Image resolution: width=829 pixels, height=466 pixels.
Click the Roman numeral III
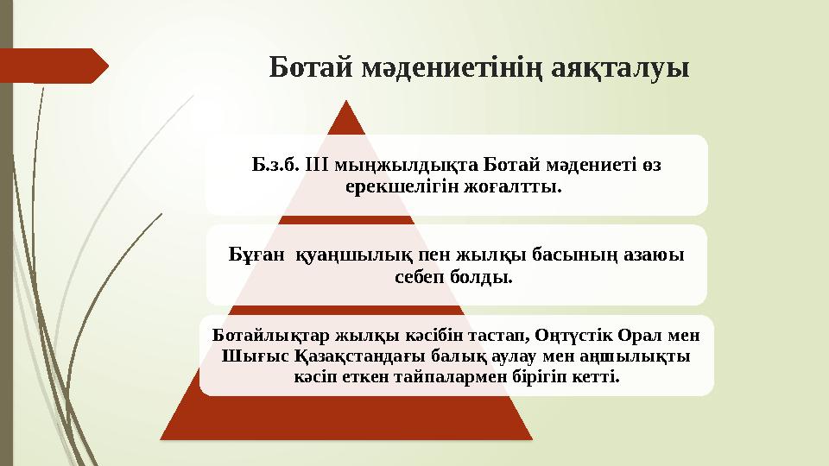coord(319,165)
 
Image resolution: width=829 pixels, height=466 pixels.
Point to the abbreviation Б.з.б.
coord(275,165)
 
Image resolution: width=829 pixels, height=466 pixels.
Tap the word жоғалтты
coord(510,186)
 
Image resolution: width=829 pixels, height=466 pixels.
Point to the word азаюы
coord(653,256)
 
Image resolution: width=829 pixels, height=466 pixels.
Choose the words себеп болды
coord(455,278)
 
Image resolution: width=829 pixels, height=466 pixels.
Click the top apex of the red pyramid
coord(347,102)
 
